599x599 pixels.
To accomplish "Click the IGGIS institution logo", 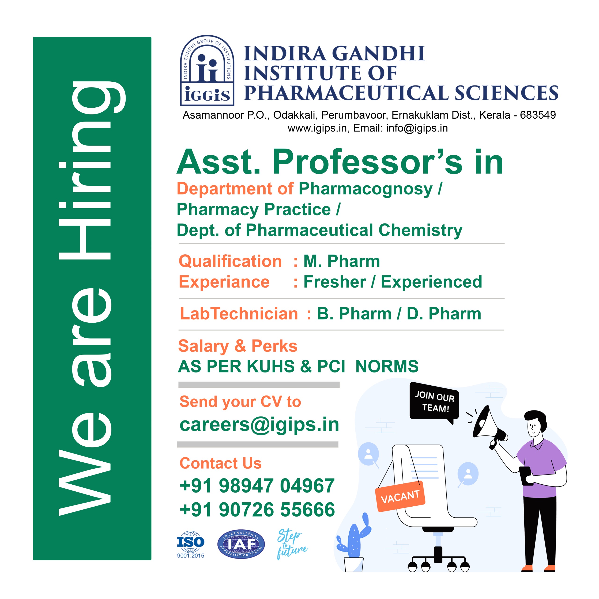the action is [207, 70].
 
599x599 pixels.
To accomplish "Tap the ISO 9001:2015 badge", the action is [190, 544].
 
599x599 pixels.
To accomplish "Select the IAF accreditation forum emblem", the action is [241, 544].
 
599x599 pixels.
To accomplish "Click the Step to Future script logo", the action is [292, 544].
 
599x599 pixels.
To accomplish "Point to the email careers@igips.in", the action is [259, 424].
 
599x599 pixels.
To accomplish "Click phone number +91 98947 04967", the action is [257, 486].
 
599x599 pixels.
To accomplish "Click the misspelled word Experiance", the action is [224, 282].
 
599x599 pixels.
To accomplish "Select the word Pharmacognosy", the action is [365, 189].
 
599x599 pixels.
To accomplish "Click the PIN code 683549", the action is [538, 115].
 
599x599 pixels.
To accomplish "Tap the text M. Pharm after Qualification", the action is [342, 261].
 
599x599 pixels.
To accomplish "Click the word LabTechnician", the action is [239, 314].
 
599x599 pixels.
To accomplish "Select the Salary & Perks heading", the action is [237, 346].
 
